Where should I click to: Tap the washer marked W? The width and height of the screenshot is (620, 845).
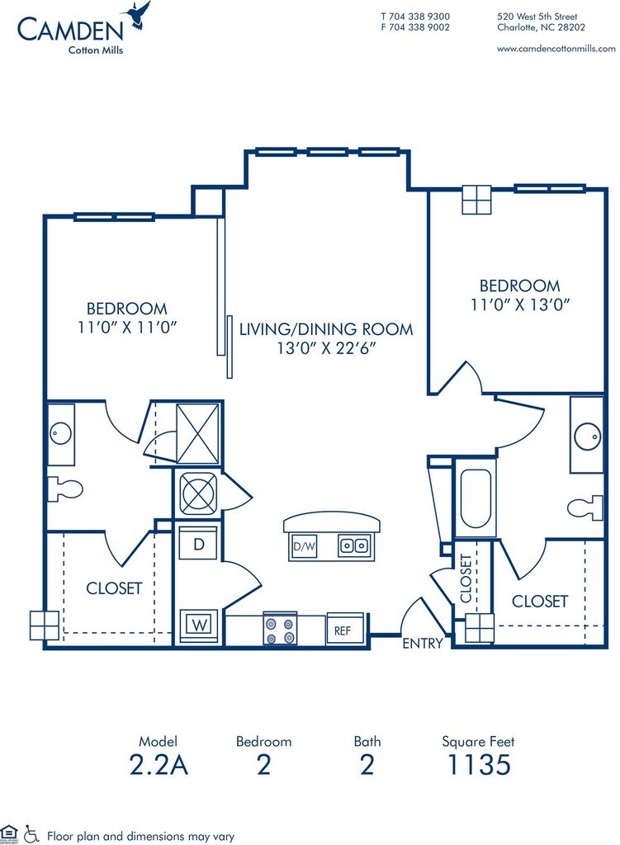[199, 625]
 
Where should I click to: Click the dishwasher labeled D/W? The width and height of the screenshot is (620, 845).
[304, 546]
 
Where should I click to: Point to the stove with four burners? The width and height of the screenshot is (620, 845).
[281, 628]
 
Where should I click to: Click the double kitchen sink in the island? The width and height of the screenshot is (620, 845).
[354, 545]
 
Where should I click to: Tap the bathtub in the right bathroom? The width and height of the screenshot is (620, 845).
[476, 498]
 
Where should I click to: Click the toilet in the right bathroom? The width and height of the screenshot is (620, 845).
[585, 507]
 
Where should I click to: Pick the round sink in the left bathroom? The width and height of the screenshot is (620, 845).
[61, 434]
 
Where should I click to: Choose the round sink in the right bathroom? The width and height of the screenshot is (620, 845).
[587, 436]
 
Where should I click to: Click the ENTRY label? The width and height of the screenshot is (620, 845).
[423, 643]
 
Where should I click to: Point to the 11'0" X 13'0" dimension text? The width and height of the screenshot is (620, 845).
[520, 305]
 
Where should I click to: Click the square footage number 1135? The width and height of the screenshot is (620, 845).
[479, 765]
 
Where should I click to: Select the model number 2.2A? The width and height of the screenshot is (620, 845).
[159, 765]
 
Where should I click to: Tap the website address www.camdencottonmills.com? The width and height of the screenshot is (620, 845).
[556, 49]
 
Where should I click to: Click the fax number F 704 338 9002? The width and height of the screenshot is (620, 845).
[415, 27]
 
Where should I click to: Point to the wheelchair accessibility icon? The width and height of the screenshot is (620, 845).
[31, 835]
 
